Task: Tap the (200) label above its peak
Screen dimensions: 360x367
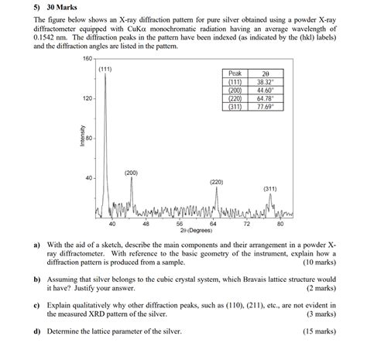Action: click(132, 172)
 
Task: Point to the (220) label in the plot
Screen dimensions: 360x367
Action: click(217, 181)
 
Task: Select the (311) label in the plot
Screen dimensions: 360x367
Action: click(270, 188)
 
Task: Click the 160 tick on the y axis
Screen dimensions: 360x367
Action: click(87, 59)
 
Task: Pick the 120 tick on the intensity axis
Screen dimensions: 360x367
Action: click(87, 99)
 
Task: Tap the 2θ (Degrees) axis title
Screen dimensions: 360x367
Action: click(196, 231)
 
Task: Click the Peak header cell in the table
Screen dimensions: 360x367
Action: click(235, 73)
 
